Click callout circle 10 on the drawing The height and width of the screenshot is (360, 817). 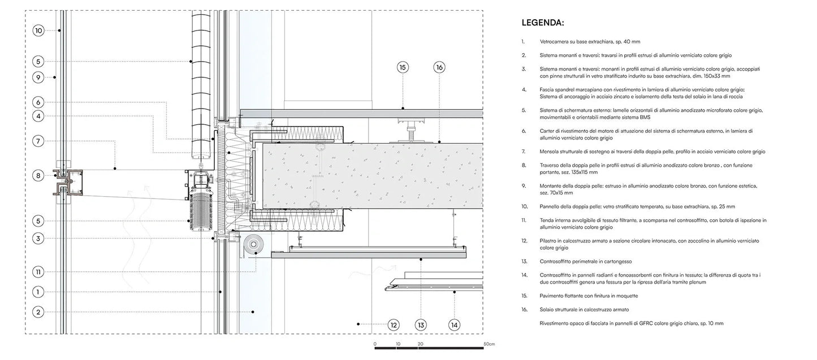pyautogui.click(x=38, y=30)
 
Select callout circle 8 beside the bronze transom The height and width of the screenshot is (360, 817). pyautogui.click(x=38, y=176)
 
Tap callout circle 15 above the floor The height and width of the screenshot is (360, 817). pyautogui.click(x=403, y=68)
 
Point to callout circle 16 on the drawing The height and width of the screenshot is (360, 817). pyautogui.click(x=439, y=68)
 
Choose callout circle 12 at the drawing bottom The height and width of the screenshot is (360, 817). pyautogui.click(x=394, y=324)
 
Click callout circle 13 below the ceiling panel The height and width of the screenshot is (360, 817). pyautogui.click(x=421, y=324)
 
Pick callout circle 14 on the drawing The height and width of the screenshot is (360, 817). pyautogui.click(x=454, y=324)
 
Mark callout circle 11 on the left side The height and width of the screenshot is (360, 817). pyautogui.click(x=38, y=271)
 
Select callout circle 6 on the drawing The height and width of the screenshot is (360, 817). pyautogui.click(x=38, y=102)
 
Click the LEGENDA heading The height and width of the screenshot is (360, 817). pyautogui.click(x=542, y=24)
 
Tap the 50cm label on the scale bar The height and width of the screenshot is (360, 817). pyautogui.click(x=489, y=344)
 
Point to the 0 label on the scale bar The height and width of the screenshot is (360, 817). pyautogui.click(x=375, y=344)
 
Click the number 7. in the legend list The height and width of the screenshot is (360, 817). pyautogui.click(x=524, y=151)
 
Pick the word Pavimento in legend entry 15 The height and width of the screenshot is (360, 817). pyautogui.click(x=552, y=296)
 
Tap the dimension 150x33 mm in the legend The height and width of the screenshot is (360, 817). pyautogui.click(x=713, y=76)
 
